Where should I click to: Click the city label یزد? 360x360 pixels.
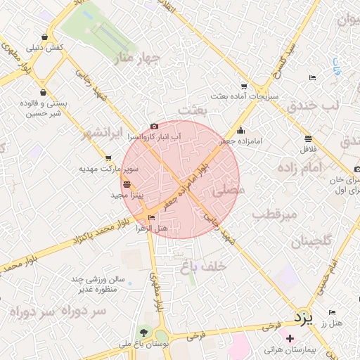301,318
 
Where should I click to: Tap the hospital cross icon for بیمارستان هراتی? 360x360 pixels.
290,339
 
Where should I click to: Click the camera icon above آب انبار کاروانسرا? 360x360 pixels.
154,126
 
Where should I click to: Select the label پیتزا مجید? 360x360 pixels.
128,193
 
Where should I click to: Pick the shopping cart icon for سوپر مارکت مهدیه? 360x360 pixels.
108,158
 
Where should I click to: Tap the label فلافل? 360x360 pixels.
308,148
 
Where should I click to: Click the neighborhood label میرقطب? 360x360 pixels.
275,212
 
